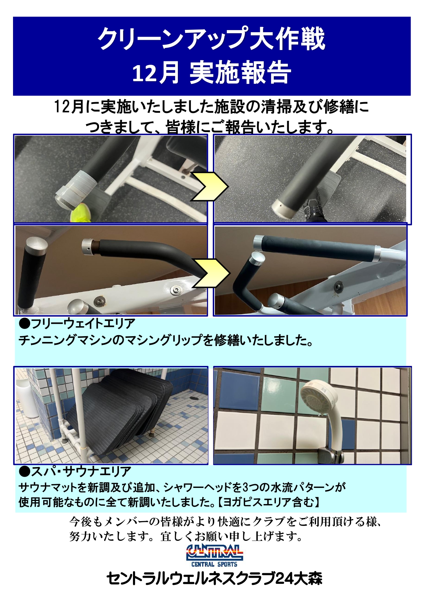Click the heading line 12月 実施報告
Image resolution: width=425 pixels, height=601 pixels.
tap(211, 73)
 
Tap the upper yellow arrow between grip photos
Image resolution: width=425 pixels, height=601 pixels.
tap(210, 186)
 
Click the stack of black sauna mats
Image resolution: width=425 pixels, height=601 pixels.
tap(127, 408)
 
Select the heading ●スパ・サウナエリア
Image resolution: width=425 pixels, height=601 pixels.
tap(75, 471)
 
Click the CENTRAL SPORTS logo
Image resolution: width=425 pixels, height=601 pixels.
tap(214, 555)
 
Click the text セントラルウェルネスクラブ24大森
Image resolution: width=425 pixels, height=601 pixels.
tap(214, 579)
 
